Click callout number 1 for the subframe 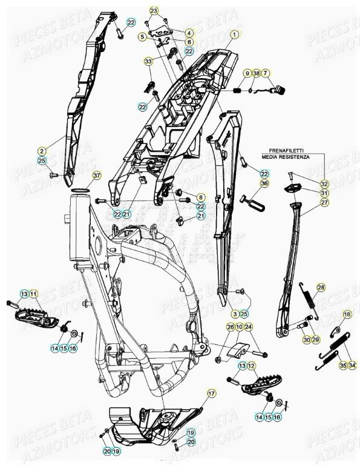234,34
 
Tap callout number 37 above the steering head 97,176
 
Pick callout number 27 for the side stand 324,202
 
